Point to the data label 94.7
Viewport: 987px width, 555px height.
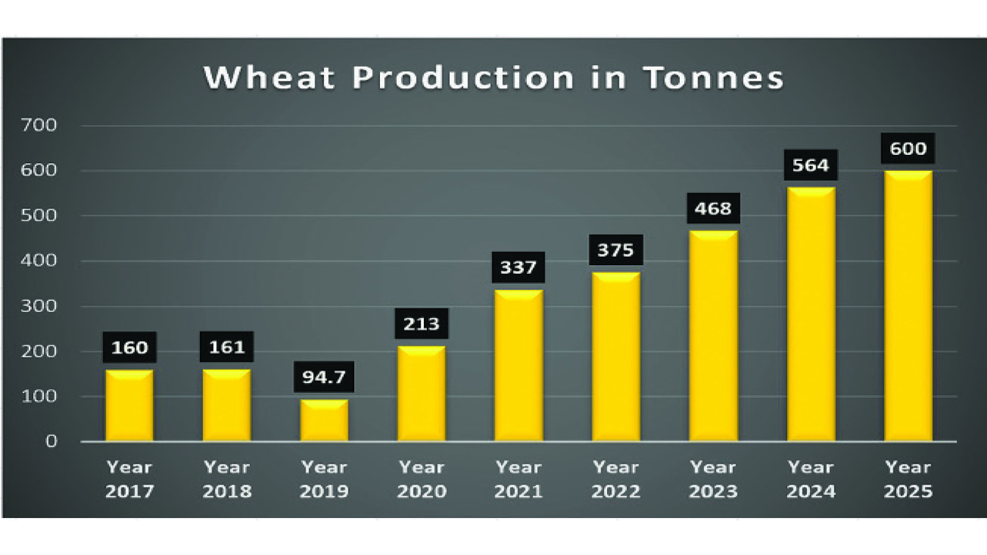(x=324, y=377)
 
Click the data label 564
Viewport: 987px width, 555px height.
(x=811, y=165)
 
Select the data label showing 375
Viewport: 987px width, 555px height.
(x=616, y=250)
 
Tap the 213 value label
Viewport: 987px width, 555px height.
(x=421, y=324)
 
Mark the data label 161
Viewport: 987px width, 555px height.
(x=226, y=347)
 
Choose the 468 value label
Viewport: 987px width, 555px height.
(x=713, y=209)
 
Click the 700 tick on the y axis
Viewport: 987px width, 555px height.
(x=39, y=125)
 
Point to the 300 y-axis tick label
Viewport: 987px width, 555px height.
(x=39, y=306)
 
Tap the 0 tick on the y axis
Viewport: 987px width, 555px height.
(x=51, y=442)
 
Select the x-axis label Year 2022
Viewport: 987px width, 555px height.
(x=616, y=479)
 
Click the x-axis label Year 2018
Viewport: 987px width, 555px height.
(x=226, y=479)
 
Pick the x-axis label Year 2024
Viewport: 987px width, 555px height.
(x=811, y=479)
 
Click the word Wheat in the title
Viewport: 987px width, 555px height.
(x=269, y=78)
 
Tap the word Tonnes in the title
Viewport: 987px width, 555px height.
(x=714, y=78)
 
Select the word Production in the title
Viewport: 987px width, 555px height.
(x=463, y=78)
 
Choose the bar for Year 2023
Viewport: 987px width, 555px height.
(x=713, y=336)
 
